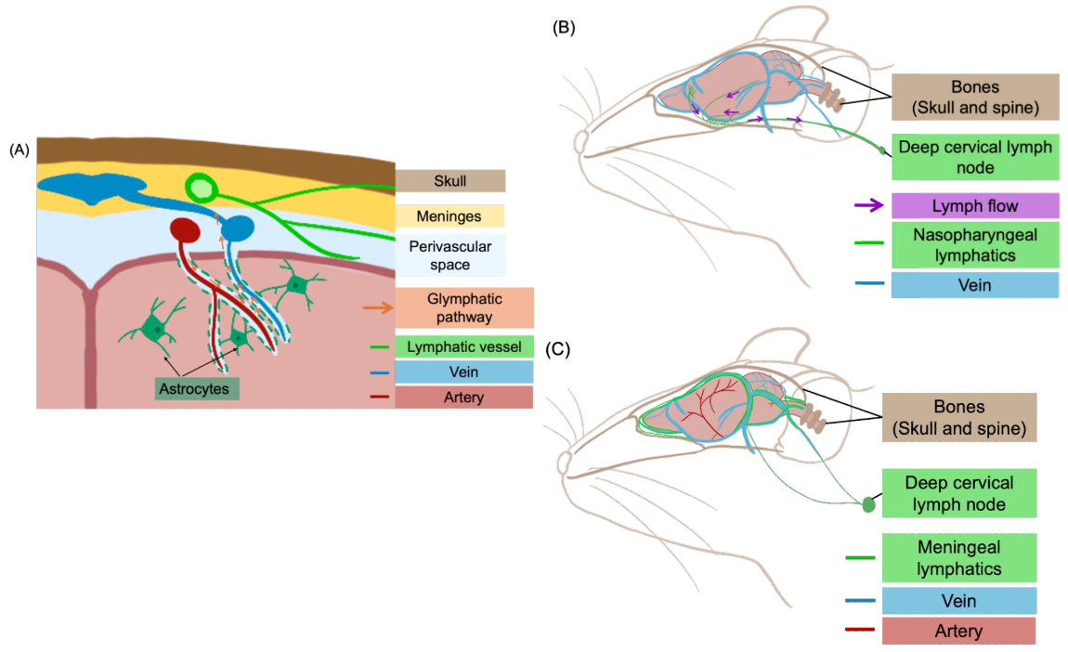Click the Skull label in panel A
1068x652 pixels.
tap(450, 180)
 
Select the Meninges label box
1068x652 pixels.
tap(449, 216)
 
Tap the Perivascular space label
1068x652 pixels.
tap(450, 255)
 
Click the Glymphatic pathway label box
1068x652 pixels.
tap(464, 308)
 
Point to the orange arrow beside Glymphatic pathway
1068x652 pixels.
tap(378, 308)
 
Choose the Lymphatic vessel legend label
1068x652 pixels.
tap(463, 346)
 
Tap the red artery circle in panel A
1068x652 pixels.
tap(185, 230)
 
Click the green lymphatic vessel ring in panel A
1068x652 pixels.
tap(202, 188)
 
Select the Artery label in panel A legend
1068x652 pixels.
tap(463, 398)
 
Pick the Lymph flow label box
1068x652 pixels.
tap(975, 206)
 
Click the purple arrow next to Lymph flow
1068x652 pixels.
tap(869, 205)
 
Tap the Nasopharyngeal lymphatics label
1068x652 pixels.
tap(975, 245)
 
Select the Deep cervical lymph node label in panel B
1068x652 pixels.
tap(975, 157)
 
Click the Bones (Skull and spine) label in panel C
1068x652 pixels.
tap(959, 418)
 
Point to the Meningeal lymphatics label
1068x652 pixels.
tap(959, 558)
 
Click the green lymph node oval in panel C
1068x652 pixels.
tap(868, 504)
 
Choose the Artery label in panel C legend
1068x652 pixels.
tap(959, 631)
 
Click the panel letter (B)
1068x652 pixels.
tap(564, 27)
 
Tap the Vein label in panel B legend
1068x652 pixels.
tap(975, 285)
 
